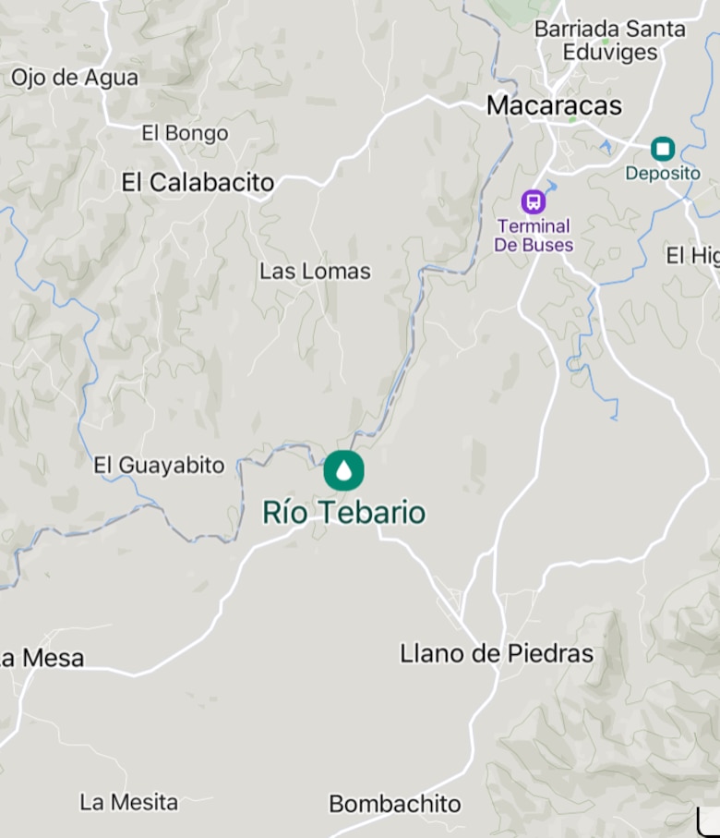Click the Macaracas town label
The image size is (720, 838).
click(554, 106)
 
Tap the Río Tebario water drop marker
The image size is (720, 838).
click(343, 471)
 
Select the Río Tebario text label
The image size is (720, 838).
click(343, 513)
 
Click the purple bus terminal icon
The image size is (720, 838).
click(533, 201)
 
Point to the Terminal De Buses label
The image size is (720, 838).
click(534, 236)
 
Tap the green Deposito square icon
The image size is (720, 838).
click(662, 148)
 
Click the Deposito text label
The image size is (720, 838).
click(663, 174)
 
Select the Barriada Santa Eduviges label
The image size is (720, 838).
click(610, 40)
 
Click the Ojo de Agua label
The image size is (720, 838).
click(75, 79)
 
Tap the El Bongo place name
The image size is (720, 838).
click(185, 134)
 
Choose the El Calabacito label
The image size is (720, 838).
click(198, 183)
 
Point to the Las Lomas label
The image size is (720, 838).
click(315, 272)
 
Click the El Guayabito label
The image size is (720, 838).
click(159, 466)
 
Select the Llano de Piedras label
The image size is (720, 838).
click(496, 654)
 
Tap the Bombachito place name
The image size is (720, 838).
click(394, 805)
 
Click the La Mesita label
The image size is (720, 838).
click(128, 802)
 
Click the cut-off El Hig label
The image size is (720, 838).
click(691, 256)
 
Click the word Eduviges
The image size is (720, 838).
click(610, 53)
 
